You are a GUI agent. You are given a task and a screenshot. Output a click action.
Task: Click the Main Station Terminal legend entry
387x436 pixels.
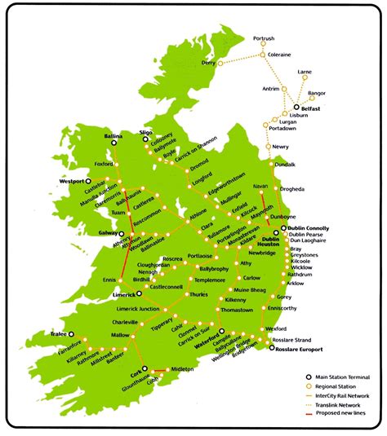341,376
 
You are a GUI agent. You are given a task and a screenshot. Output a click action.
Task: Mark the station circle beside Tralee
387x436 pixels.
71,334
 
